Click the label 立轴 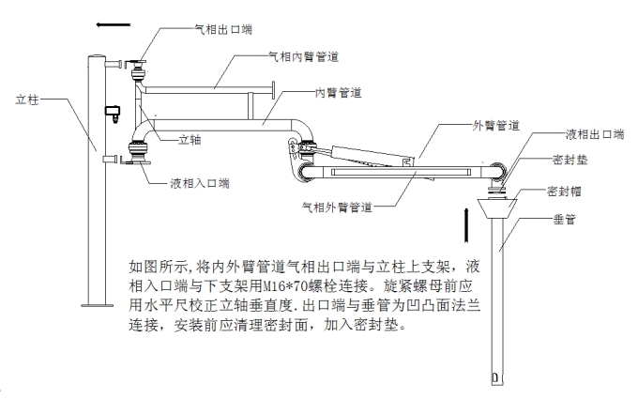190,141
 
